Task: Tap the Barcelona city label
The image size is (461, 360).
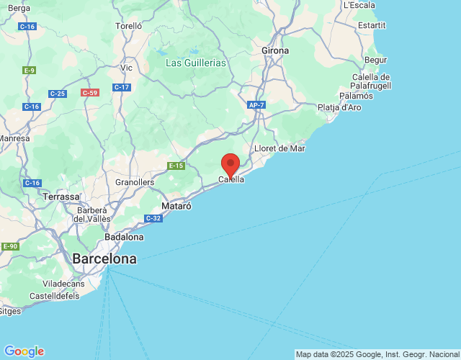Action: [104, 259]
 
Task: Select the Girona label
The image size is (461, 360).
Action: [275, 51]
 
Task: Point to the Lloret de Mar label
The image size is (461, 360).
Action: [280, 148]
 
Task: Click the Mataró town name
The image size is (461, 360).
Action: [176, 206]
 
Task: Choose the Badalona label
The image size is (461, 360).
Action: [124, 237]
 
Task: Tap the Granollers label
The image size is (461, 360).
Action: [135, 182]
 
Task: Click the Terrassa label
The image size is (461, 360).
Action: [61, 196]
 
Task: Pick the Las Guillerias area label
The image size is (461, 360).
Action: [196, 63]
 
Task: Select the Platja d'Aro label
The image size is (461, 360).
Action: [339, 108]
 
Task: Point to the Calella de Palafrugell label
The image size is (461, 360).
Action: [371, 81]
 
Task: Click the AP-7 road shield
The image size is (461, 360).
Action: [256, 105]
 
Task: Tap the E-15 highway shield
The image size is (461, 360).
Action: [176, 166]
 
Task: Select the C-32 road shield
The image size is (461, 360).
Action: [153, 218]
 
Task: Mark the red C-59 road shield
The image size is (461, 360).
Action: [90, 93]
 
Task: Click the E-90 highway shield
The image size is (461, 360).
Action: [10, 246]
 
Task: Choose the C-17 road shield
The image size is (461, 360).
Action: [121, 87]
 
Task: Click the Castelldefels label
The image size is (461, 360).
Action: [55, 296]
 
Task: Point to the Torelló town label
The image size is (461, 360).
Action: [129, 26]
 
